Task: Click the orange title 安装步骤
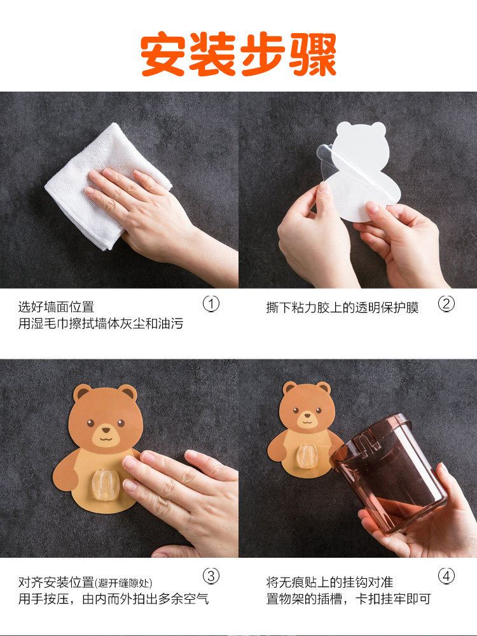(x=238, y=54)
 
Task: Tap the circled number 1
(x=211, y=304)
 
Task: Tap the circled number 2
(x=446, y=304)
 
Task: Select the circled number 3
(x=211, y=576)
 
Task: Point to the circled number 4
(x=446, y=576)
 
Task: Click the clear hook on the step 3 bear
(x=105, y=485)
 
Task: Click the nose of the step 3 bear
(x=106, y=430)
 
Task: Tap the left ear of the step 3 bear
(x=82, y=392)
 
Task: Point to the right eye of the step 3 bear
(x=121, y=423)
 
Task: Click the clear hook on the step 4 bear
(x=308, y=456)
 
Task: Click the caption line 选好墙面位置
(x=56, y=307)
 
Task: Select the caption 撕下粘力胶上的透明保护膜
(x=342, y=307)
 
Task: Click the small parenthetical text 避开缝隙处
(x=123, y=583)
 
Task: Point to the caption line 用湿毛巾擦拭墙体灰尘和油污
(x=100, y=323)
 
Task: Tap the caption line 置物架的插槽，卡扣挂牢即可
(x=349, y=598)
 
